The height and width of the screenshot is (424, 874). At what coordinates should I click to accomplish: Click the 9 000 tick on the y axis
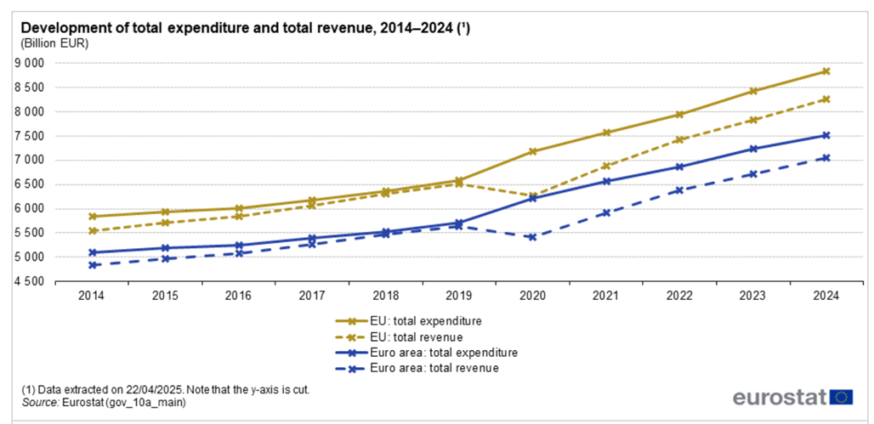pos(31,63)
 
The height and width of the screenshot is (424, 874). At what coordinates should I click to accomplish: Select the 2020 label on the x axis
pos(532,296)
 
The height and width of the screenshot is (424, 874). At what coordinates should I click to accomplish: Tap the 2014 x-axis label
pos(92,296)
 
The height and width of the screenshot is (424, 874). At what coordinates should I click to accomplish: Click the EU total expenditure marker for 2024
pos(826,71)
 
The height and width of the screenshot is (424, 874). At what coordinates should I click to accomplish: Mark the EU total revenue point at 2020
pos(532,196)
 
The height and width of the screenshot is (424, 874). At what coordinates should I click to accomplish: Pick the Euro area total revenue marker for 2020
pos(532,237)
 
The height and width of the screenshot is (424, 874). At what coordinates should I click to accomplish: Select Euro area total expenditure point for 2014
pos(92,252)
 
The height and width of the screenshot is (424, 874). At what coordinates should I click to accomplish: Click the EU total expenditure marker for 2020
pos(532,152)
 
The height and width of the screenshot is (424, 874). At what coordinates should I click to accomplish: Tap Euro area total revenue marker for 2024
pos(826,157)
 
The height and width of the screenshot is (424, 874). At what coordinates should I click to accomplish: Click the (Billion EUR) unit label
pos(54,42)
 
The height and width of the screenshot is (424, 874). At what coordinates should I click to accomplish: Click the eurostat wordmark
pos(780,398)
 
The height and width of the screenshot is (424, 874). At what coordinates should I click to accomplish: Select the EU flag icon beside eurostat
pos(843,397)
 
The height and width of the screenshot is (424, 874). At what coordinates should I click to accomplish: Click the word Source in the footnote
pos(38,403)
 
